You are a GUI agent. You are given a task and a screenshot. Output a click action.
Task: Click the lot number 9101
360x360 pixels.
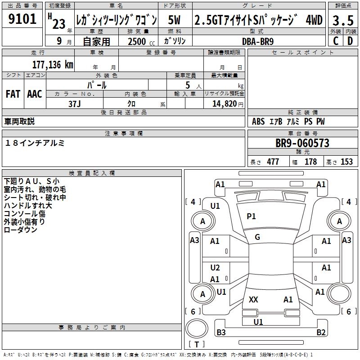click(x=22, y=19)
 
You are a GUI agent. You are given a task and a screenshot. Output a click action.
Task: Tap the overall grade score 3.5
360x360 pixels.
click(x=342, y=20)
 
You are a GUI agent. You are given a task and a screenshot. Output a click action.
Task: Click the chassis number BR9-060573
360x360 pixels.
click(x=302, y=144)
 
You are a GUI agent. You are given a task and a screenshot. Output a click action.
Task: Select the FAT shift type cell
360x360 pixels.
click(x=13, y=94)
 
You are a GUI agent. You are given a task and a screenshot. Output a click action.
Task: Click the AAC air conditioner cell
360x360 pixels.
click(x=35, y=94)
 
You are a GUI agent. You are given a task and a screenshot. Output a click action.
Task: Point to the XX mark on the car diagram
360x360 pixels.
click(x=253, y=300)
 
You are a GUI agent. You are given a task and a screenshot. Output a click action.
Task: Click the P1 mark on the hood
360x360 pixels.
click(x=251, y=216)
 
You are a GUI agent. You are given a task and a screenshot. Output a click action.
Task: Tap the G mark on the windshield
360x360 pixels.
click(x=257, y=237)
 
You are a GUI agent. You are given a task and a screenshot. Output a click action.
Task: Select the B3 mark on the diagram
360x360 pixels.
click(x=221, y=333)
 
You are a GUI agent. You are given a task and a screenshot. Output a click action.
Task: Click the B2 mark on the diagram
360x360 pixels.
click(x=321, y=333)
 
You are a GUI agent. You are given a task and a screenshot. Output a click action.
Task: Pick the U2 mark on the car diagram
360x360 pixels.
click(x=215, y=268)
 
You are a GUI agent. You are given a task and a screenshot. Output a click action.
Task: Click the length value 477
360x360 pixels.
click(x=273, y=162)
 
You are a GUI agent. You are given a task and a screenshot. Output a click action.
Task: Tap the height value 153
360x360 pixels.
click(x=346, y=162)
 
